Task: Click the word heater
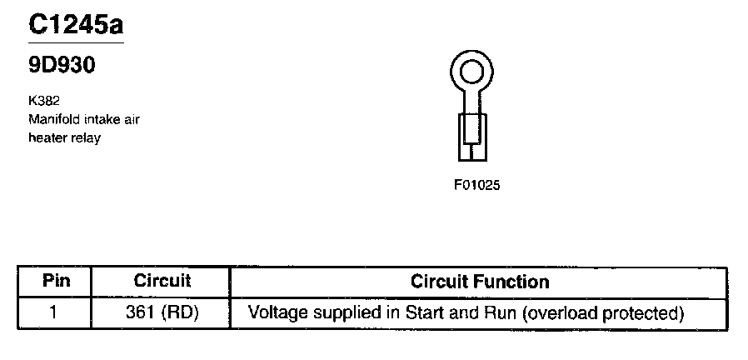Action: (47, 137)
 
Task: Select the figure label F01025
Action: (477, 185)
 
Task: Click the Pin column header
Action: (55, 282)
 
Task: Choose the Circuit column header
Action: (162, 282)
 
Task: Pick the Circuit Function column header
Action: (480, 282)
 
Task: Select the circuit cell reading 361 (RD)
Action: (162, 313)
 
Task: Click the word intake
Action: (100, 119)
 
